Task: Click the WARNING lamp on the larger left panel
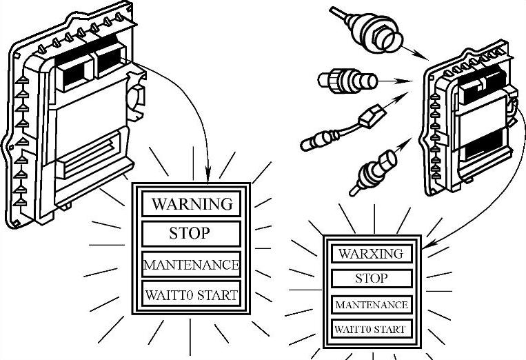coord(192,204)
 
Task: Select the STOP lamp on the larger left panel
coord(190,234)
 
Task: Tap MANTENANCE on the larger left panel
coord(191,264)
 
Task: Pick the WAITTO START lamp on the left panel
coord(191,295)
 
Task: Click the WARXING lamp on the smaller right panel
coord(371,253)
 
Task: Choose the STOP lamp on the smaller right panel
coord(371,279)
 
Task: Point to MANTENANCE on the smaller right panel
coord(371,304)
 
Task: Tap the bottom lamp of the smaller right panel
coord(371,329)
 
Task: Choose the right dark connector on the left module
coord(110,61)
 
